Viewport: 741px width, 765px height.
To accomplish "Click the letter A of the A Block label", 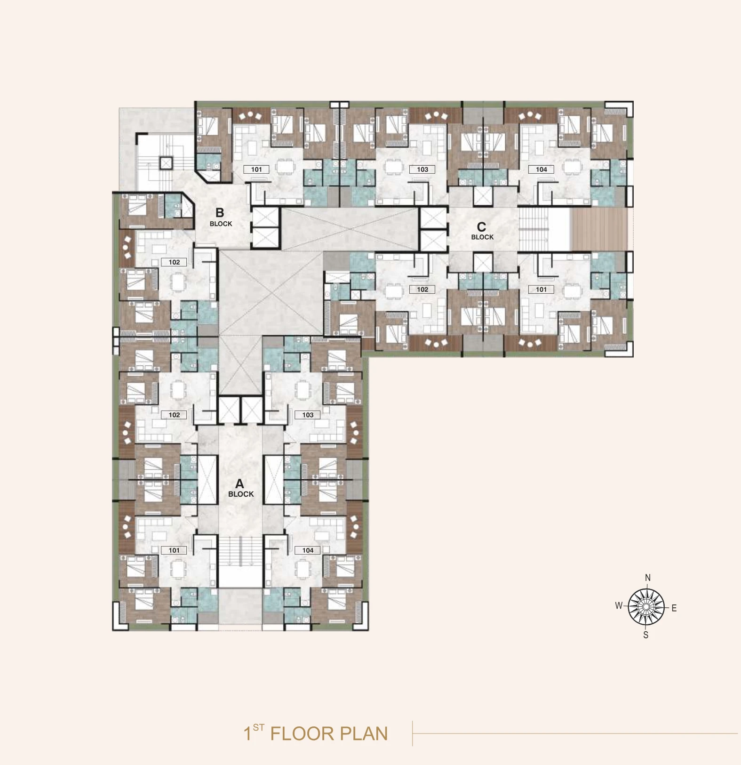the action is [x=239, y=483].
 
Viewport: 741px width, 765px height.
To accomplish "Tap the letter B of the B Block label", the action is [x=220, y=213].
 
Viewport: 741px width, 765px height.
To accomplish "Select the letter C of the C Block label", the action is [x=481, y=227].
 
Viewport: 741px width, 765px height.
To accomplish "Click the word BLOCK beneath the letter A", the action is [x=241, y=494].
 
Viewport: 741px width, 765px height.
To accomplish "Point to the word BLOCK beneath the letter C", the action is [x=482, y=237].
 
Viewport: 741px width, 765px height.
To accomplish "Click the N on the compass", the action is [x=648, y=578].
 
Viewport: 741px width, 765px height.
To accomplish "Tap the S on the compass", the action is [x=646, y=635].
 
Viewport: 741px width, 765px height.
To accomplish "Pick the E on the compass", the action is [x=674, y=608].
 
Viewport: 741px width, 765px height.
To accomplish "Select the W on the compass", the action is [x=619, y=606].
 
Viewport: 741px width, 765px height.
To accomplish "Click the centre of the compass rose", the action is [x=646, y=607].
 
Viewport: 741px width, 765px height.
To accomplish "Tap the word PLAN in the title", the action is [x=364, y=733].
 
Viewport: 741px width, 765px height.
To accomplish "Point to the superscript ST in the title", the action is [x=258, y=727].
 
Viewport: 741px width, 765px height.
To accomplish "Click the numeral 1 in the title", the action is [x=247, y=733].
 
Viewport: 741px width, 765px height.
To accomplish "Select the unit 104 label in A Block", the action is [x=308, y=550].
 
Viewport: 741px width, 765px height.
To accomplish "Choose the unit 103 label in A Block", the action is [x=308, y=415].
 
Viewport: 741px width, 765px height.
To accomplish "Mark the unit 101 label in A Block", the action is [x=174, y=550].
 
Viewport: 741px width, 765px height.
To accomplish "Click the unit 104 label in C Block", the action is [x=541, y=169].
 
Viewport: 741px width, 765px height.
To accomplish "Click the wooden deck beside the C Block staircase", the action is [x=599, y=229].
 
